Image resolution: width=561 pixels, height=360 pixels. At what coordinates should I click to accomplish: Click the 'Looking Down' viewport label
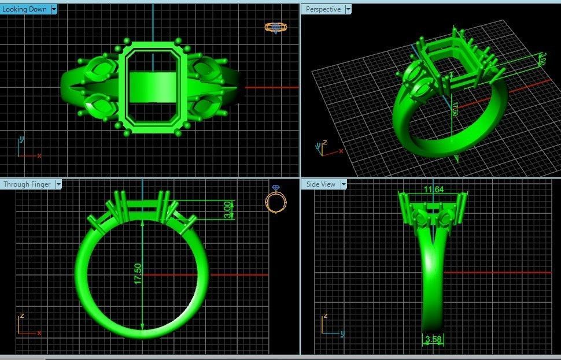pyautogui.click(x=25, y=9)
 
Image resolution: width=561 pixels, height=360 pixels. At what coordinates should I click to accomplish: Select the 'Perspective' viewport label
pyautogui.click(x=323, y=9)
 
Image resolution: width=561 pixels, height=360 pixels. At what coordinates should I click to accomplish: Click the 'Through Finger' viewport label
pyautogui.click(x=27, y=184)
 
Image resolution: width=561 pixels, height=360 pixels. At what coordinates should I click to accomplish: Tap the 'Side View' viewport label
pyautogui.click(x=320, y=184)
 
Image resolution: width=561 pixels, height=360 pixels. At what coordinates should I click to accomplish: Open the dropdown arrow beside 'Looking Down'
pyautogui.click(x=54, y=9)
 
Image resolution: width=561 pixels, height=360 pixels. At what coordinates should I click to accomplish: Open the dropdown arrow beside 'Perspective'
pyautogui.click(x=347, y=9)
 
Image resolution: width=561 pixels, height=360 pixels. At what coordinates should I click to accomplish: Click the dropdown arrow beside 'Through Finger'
pyautogui.click(x=58, y=184)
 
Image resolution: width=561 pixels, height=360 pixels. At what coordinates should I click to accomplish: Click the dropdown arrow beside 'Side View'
pyautogui.click(x=344, y=184)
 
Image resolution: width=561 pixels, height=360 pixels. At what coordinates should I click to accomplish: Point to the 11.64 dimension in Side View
pyautogui.click(x=433, y=190)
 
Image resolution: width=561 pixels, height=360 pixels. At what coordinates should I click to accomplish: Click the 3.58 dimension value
pyautogui.click(x=433, y=340)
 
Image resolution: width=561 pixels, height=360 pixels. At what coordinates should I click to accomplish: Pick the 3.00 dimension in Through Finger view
pyautogui.click(x=228, y=209)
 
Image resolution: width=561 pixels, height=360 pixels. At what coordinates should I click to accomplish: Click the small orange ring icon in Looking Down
pyautogui.click(x=275, y=27)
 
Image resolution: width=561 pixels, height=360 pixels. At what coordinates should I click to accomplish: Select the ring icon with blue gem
pyautogui.click(x=275, y=199)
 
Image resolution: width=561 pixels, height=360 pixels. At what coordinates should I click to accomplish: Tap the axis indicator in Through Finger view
pyautogui.click(x=26, y=326)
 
